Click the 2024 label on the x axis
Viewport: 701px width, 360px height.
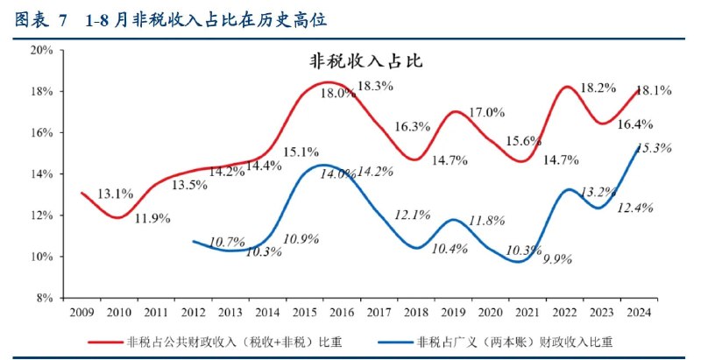[637, 312]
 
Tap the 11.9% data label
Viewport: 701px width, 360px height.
[152, 218]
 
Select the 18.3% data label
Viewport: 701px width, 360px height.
[375, 86]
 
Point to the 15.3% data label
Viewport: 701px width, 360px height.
[653, 148]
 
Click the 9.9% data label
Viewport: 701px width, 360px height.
[559, 259]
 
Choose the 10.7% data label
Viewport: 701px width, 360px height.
[227, 241]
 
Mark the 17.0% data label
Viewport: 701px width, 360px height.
[487, 112]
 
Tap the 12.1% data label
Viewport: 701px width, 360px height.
[412, 215]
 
